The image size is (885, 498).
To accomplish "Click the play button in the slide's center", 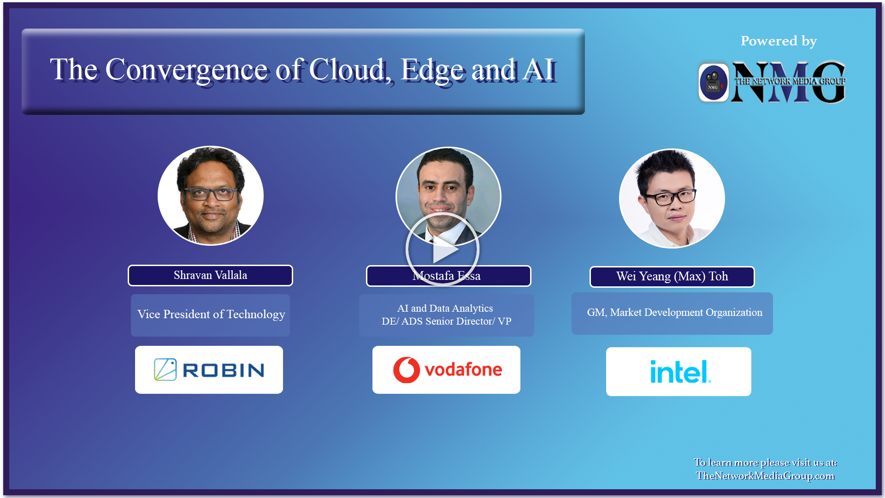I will point(442,249).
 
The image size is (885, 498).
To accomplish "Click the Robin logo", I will point(209,370).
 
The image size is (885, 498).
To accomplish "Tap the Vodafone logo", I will point(446,370).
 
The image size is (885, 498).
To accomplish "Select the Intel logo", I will point(678,372).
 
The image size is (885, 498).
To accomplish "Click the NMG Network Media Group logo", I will point(773,82).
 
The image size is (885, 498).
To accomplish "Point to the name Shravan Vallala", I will point(210,275).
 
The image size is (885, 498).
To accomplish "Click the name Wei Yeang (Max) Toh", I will point(672,277).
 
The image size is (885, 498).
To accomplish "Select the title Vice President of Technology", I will point(211,314).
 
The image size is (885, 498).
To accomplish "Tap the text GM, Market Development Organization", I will point(674,313).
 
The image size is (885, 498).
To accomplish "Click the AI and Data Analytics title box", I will point(446,315).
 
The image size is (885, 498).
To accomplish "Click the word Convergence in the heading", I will point(187,70).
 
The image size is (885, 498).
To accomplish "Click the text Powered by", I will point(779,41).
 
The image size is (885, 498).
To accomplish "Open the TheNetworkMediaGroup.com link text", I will point(765,476).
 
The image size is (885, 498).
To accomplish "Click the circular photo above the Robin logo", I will point(211,196).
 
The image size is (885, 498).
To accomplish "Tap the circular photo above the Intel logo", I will point(672,198).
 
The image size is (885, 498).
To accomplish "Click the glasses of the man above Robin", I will point(212,194).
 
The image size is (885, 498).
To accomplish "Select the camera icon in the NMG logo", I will point(714,82).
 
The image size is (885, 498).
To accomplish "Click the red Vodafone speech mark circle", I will point(406,370).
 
